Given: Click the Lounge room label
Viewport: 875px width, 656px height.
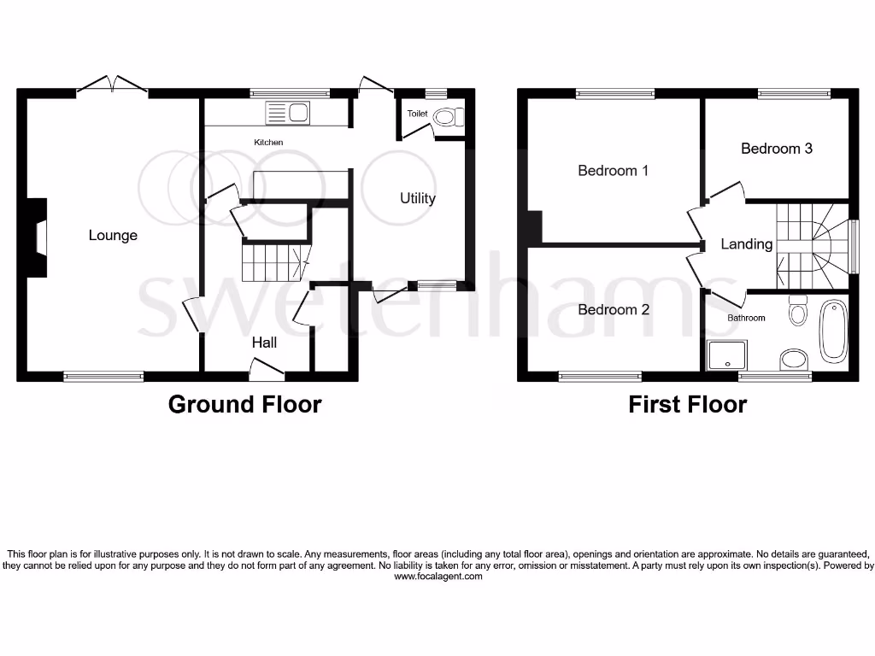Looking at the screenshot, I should (113, 235).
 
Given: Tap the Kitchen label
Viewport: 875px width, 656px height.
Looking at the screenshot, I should (268, 142).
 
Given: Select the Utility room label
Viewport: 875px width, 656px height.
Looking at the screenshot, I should (418, 198).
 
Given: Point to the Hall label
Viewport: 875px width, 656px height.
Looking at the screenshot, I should (264, 343).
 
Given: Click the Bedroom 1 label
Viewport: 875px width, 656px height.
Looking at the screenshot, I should (613, 171).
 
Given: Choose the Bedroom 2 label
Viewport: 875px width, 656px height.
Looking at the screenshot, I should (614, 309).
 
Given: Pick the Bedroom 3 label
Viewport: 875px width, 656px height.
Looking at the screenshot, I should (776, 149).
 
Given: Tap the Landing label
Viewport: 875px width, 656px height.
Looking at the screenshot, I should (746, 244).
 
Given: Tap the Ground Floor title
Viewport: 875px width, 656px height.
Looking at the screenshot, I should (244, 404).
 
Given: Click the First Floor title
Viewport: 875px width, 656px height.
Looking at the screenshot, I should (687, 404).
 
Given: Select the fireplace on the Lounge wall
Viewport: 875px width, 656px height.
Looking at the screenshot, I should (37, 238).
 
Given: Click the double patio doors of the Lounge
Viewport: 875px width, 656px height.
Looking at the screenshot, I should (112, 85).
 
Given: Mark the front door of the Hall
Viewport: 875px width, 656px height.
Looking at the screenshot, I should (266, 369).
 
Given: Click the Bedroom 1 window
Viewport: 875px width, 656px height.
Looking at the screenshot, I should (614, 94).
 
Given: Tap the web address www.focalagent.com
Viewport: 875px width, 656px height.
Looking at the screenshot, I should (438, 577).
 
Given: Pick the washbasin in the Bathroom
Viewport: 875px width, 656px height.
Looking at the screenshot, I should (795, 357).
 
